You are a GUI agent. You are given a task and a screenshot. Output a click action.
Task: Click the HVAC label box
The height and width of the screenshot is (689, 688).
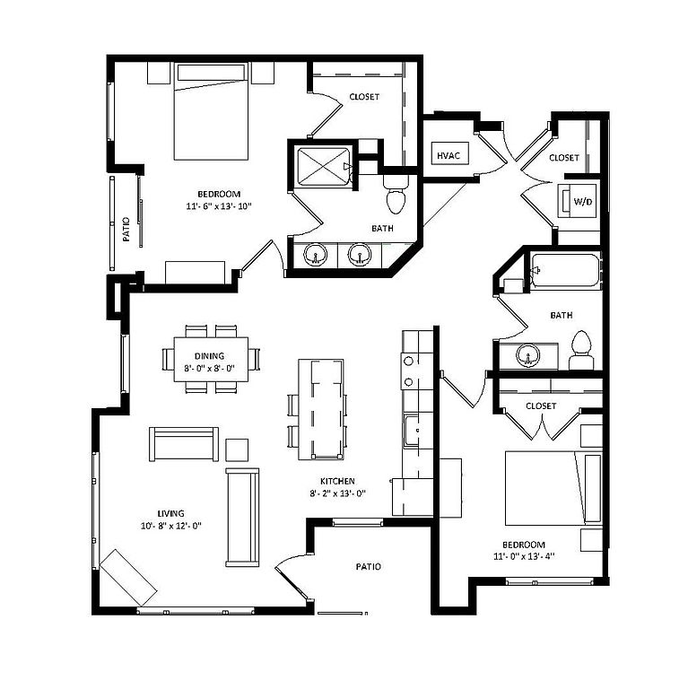pos(449,155)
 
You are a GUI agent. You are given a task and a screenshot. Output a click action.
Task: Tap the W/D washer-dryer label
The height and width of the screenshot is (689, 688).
pos(582,202)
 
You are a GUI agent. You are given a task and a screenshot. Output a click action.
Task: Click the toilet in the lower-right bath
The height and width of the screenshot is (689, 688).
pos(581,350)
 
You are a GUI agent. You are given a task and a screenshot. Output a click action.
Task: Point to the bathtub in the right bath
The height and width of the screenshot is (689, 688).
pos(565,270)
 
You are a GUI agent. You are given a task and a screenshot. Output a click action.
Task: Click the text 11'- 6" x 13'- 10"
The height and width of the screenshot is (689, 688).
pos(219,206)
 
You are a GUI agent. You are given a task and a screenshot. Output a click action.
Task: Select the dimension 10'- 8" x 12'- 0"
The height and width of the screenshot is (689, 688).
pos(170,526)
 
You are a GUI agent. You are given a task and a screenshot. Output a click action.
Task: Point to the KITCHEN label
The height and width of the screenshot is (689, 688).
pos(335,481)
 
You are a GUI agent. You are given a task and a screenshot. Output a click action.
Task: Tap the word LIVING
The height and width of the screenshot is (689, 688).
pos(170,513)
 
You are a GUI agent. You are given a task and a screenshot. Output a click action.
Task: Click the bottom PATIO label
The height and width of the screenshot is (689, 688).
pos(368,567)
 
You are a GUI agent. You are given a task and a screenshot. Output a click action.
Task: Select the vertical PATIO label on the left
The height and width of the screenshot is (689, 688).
pos(126,231)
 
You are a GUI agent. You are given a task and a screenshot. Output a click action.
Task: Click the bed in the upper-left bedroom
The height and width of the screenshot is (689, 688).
pos(210,119)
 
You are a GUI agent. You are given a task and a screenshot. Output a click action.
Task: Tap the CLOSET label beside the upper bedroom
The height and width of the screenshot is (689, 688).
pos(364,97)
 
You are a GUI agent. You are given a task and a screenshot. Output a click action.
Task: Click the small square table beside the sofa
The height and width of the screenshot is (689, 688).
pos(237,449)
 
